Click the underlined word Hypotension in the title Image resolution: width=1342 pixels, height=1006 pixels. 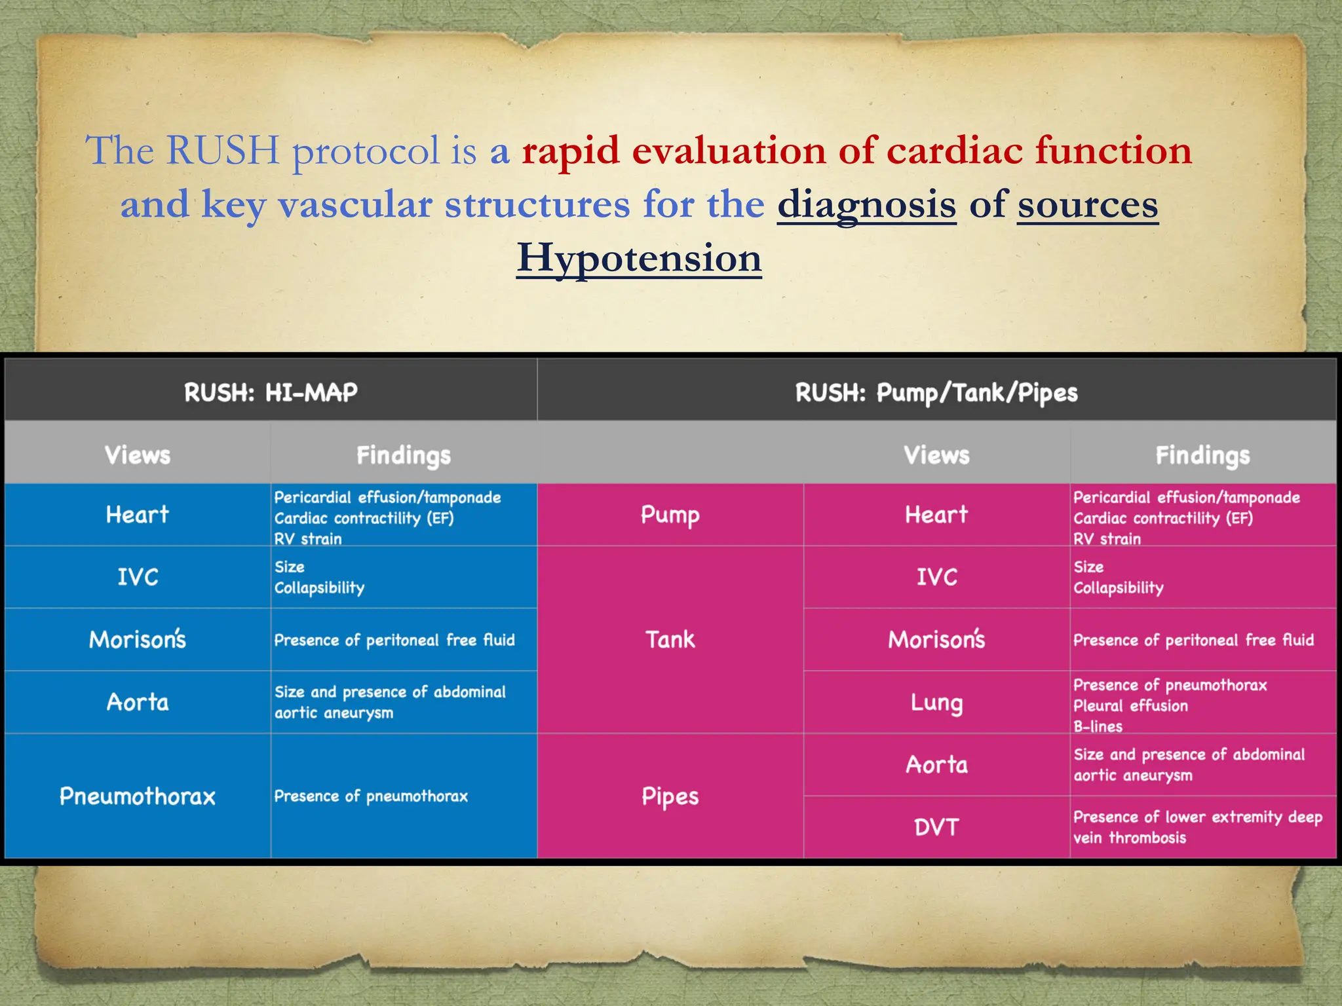coord(639,258)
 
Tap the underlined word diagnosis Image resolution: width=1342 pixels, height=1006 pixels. coord(866,204)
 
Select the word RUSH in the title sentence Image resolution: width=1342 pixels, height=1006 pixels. coord(222,151)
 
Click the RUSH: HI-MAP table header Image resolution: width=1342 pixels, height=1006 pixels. coord(271,392)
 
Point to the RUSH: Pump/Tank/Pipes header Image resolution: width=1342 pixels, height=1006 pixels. coord(936,393)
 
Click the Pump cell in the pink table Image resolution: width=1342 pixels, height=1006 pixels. coord(670,515)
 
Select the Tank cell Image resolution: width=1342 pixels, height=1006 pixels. coord(670,639)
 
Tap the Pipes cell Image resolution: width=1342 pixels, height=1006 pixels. coord(670,796)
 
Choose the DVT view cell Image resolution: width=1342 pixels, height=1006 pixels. coord(936,827)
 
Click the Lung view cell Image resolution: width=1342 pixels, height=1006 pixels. coord(936,703)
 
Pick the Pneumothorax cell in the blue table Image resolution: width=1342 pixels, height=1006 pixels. coord(138,796)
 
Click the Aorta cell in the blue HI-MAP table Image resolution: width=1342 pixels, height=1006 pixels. coord(138,702)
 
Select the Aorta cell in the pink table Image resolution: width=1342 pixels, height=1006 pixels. coord(936,765)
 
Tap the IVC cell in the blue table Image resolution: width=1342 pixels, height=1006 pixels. coord(138,577)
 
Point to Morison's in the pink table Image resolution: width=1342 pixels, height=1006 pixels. coord(936,639)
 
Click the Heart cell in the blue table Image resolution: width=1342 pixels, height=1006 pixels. coord(138,515)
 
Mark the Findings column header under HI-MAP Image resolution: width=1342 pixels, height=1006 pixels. coord(404,455)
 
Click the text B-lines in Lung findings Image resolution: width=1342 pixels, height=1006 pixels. coord(1098,726)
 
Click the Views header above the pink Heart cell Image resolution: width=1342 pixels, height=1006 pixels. coord(936,455)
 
